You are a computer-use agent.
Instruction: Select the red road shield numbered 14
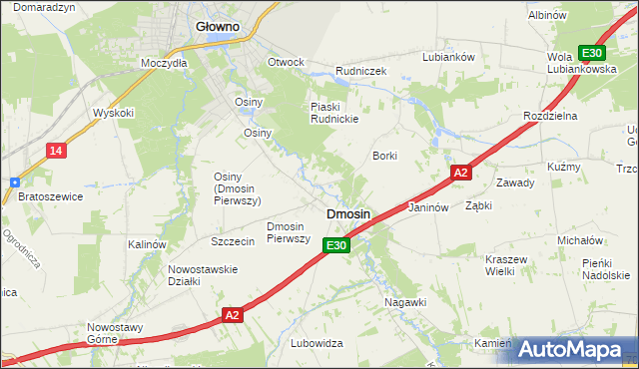pyautogui.click(x=56, y=151)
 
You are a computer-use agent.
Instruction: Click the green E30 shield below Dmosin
pyautogui.click(x=337, y=245)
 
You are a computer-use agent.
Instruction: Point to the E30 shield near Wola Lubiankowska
pyautogui.click(x=592, y=53)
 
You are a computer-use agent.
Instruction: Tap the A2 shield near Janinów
pyautogui.click(x=459, y=173)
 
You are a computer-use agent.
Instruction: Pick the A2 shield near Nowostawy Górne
pyautogui.click(x=232, y=315)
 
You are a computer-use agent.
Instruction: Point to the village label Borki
pyautogui.click(x=384, y=156)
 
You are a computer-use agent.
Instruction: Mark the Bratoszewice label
pyautogui.click(x=50, y=196)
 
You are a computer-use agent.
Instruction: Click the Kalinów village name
pyautogui.click(x=147, y=244)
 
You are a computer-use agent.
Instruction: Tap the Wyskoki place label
pyautogui.click(x=113, y=113)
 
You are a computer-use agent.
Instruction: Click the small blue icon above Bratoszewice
pyautogui.click(x=14, y=183)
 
